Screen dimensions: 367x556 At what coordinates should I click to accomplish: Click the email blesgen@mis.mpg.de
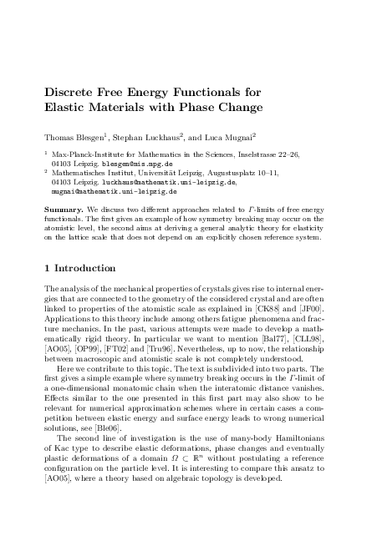pyautogui.click(x=131, y=164)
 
